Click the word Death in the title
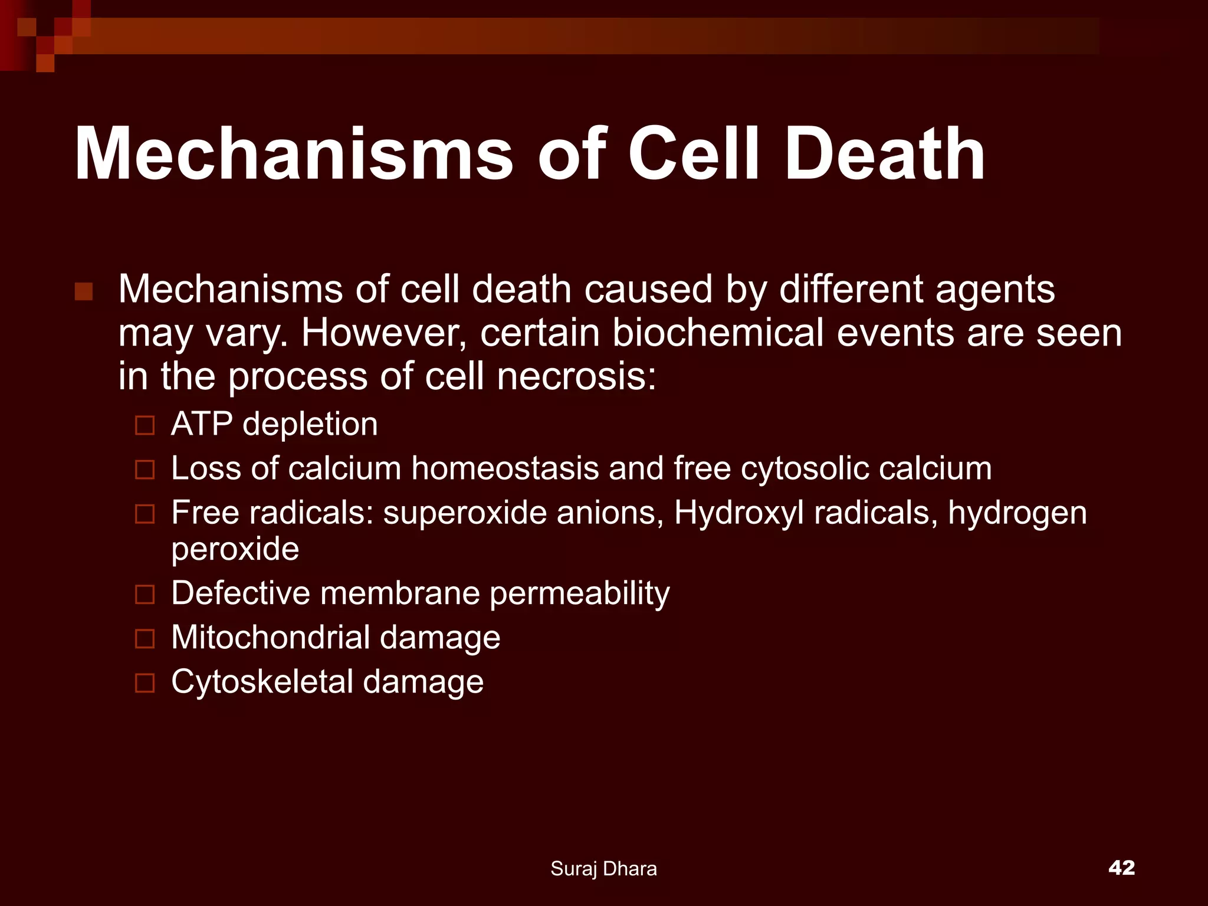(x=885, y=155)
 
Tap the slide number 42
(x=1121, y=867)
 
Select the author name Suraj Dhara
(x=603, y=868)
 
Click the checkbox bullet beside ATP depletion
(x=145, y=425)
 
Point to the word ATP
(x=201, y=424)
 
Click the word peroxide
(x=235, y=550)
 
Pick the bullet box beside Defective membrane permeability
(x=145, y=594)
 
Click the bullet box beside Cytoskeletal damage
(x=145, y=683)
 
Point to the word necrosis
(x=577, y=376)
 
